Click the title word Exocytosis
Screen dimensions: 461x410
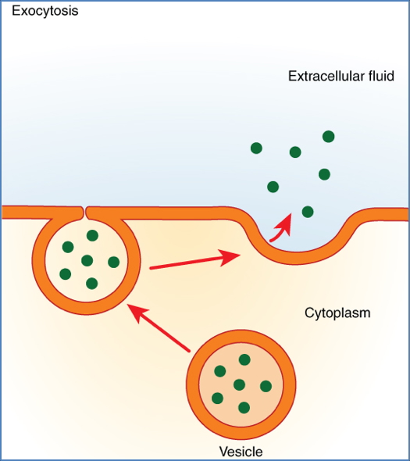[45, 12]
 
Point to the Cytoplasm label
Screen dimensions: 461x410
[337, 313]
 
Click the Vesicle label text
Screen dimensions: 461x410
[241, 451]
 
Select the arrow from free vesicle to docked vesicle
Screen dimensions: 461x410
[159, 327]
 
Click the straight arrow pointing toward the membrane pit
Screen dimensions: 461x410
[195, 261]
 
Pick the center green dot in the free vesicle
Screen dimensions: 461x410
[240, 384]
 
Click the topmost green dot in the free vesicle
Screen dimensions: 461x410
[244, 359]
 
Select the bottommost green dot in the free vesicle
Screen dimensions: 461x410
[244, 407]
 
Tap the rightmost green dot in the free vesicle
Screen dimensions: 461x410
[266, 386]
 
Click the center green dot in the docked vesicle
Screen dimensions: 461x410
[87, 260]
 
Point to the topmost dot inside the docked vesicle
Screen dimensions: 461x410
[92, 235]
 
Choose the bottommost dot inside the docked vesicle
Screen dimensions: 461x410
[92, 283]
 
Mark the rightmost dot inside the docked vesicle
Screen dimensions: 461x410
[113, 262]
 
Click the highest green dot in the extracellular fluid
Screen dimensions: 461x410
[329, 137]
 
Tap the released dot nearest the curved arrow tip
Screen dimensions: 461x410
[308, 211]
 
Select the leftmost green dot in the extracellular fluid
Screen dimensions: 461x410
[255, 148]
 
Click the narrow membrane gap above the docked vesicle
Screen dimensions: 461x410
[84, 212]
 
